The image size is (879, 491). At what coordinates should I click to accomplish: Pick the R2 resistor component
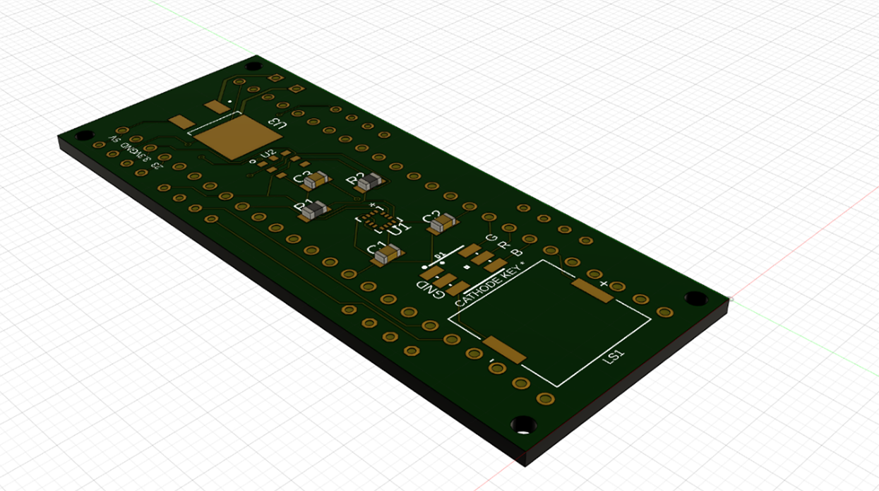[x=369, y=183]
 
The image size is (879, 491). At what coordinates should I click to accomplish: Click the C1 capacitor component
[x=387, y=254]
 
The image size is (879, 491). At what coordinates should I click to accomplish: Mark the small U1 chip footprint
[x=374, y=218]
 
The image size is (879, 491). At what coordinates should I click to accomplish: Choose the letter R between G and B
[x=503, y=245]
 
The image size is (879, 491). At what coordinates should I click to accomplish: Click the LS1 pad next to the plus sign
[x=592, y=290]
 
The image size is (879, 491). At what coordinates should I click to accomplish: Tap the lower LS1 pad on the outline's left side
[x=504, y=350]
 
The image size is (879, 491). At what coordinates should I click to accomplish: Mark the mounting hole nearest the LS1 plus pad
[x=695, y=298]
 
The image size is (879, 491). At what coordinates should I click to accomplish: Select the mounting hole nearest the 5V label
[x=84, y=135]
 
